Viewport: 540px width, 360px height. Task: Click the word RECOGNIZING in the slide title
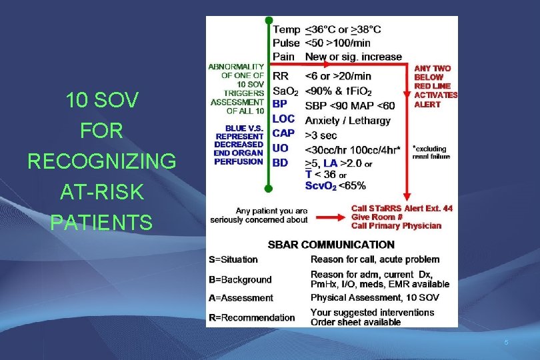(102, 162)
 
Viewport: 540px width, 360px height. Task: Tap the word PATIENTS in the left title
(102, 222)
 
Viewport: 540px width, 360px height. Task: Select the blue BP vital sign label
(280, 104)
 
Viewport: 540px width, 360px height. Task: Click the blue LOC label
(283, 119)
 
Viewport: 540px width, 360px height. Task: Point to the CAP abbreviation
(283, 133)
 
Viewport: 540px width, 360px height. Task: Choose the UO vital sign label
(281, 148)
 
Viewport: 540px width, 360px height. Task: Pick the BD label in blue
(280, 162)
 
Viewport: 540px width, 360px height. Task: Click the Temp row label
(286, 29)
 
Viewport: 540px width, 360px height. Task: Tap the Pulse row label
(287, 43)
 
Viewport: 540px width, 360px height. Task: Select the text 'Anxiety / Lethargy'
(347, 121)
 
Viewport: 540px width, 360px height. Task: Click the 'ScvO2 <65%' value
(335, 185)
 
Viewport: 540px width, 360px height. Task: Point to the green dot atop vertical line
(268, 21)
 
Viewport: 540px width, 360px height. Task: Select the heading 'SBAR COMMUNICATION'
(331, 245)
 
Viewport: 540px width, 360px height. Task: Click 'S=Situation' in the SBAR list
(233, 259)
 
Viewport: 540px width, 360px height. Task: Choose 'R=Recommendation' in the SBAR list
(251, 317)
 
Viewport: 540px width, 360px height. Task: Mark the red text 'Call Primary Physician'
(396, 226)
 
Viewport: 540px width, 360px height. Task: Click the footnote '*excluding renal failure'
(431, 153)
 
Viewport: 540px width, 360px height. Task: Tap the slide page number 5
(506, 343)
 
